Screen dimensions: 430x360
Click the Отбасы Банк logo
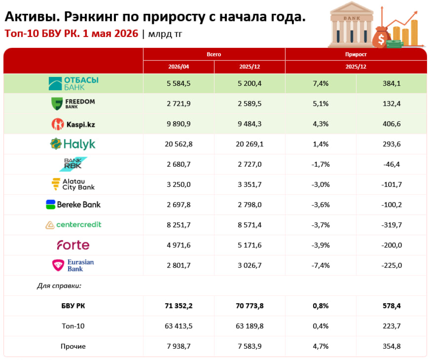73,84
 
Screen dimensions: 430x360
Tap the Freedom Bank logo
73,103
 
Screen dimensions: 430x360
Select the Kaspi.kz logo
73,124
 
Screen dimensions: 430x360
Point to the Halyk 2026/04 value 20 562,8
178,144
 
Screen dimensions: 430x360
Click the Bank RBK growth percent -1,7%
320,164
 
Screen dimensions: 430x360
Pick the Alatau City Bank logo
73,184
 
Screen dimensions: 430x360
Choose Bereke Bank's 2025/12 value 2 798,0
249,205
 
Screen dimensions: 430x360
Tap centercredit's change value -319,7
392,225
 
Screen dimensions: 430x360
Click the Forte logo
73,245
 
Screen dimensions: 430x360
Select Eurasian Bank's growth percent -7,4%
320,265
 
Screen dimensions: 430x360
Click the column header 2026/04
178,67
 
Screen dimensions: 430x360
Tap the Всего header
214,54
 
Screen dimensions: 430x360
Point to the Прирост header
356,54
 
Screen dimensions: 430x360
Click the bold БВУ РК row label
73,306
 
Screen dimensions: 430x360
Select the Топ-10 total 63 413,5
178,326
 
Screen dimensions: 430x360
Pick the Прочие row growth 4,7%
320,346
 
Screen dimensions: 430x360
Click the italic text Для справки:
59,286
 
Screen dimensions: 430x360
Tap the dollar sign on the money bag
381,39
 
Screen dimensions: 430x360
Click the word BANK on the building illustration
352,18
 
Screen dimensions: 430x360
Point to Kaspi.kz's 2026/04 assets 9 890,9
178,124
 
